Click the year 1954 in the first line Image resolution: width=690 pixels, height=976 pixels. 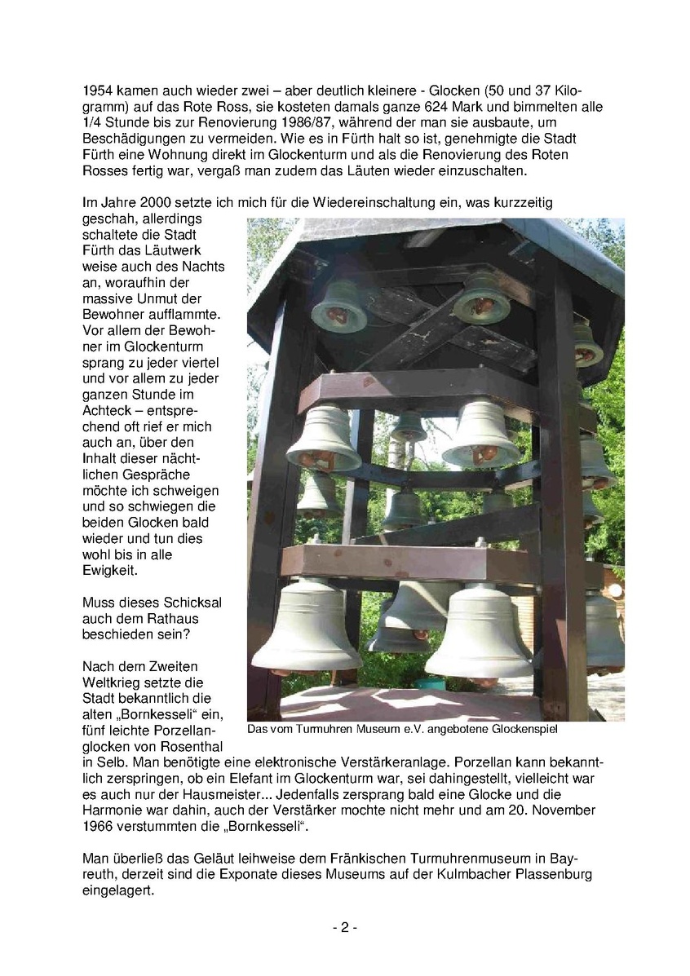(98, 90)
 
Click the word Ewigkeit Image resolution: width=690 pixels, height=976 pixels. (111, 570)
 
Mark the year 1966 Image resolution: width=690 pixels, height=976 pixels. (98, 826)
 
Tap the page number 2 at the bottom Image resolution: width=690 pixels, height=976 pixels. (344, 928)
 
